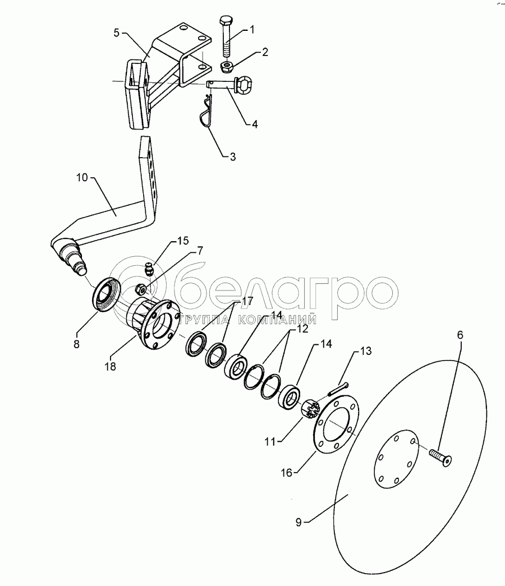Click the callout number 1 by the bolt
click(x=252, y=30)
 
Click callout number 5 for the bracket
click(x=117, y=33)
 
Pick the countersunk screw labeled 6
click(x=440, y=456)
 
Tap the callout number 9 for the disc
click(x=298, y=522)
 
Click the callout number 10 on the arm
click(x=82, y=178)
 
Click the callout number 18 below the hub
click(x=111, y=367)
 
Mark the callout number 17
click(x=247, y=301)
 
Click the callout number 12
click(x=302, y=329)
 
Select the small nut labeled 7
click(x=141, y=289)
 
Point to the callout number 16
click(x=287, y=473)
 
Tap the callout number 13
click(x=366, y=351)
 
